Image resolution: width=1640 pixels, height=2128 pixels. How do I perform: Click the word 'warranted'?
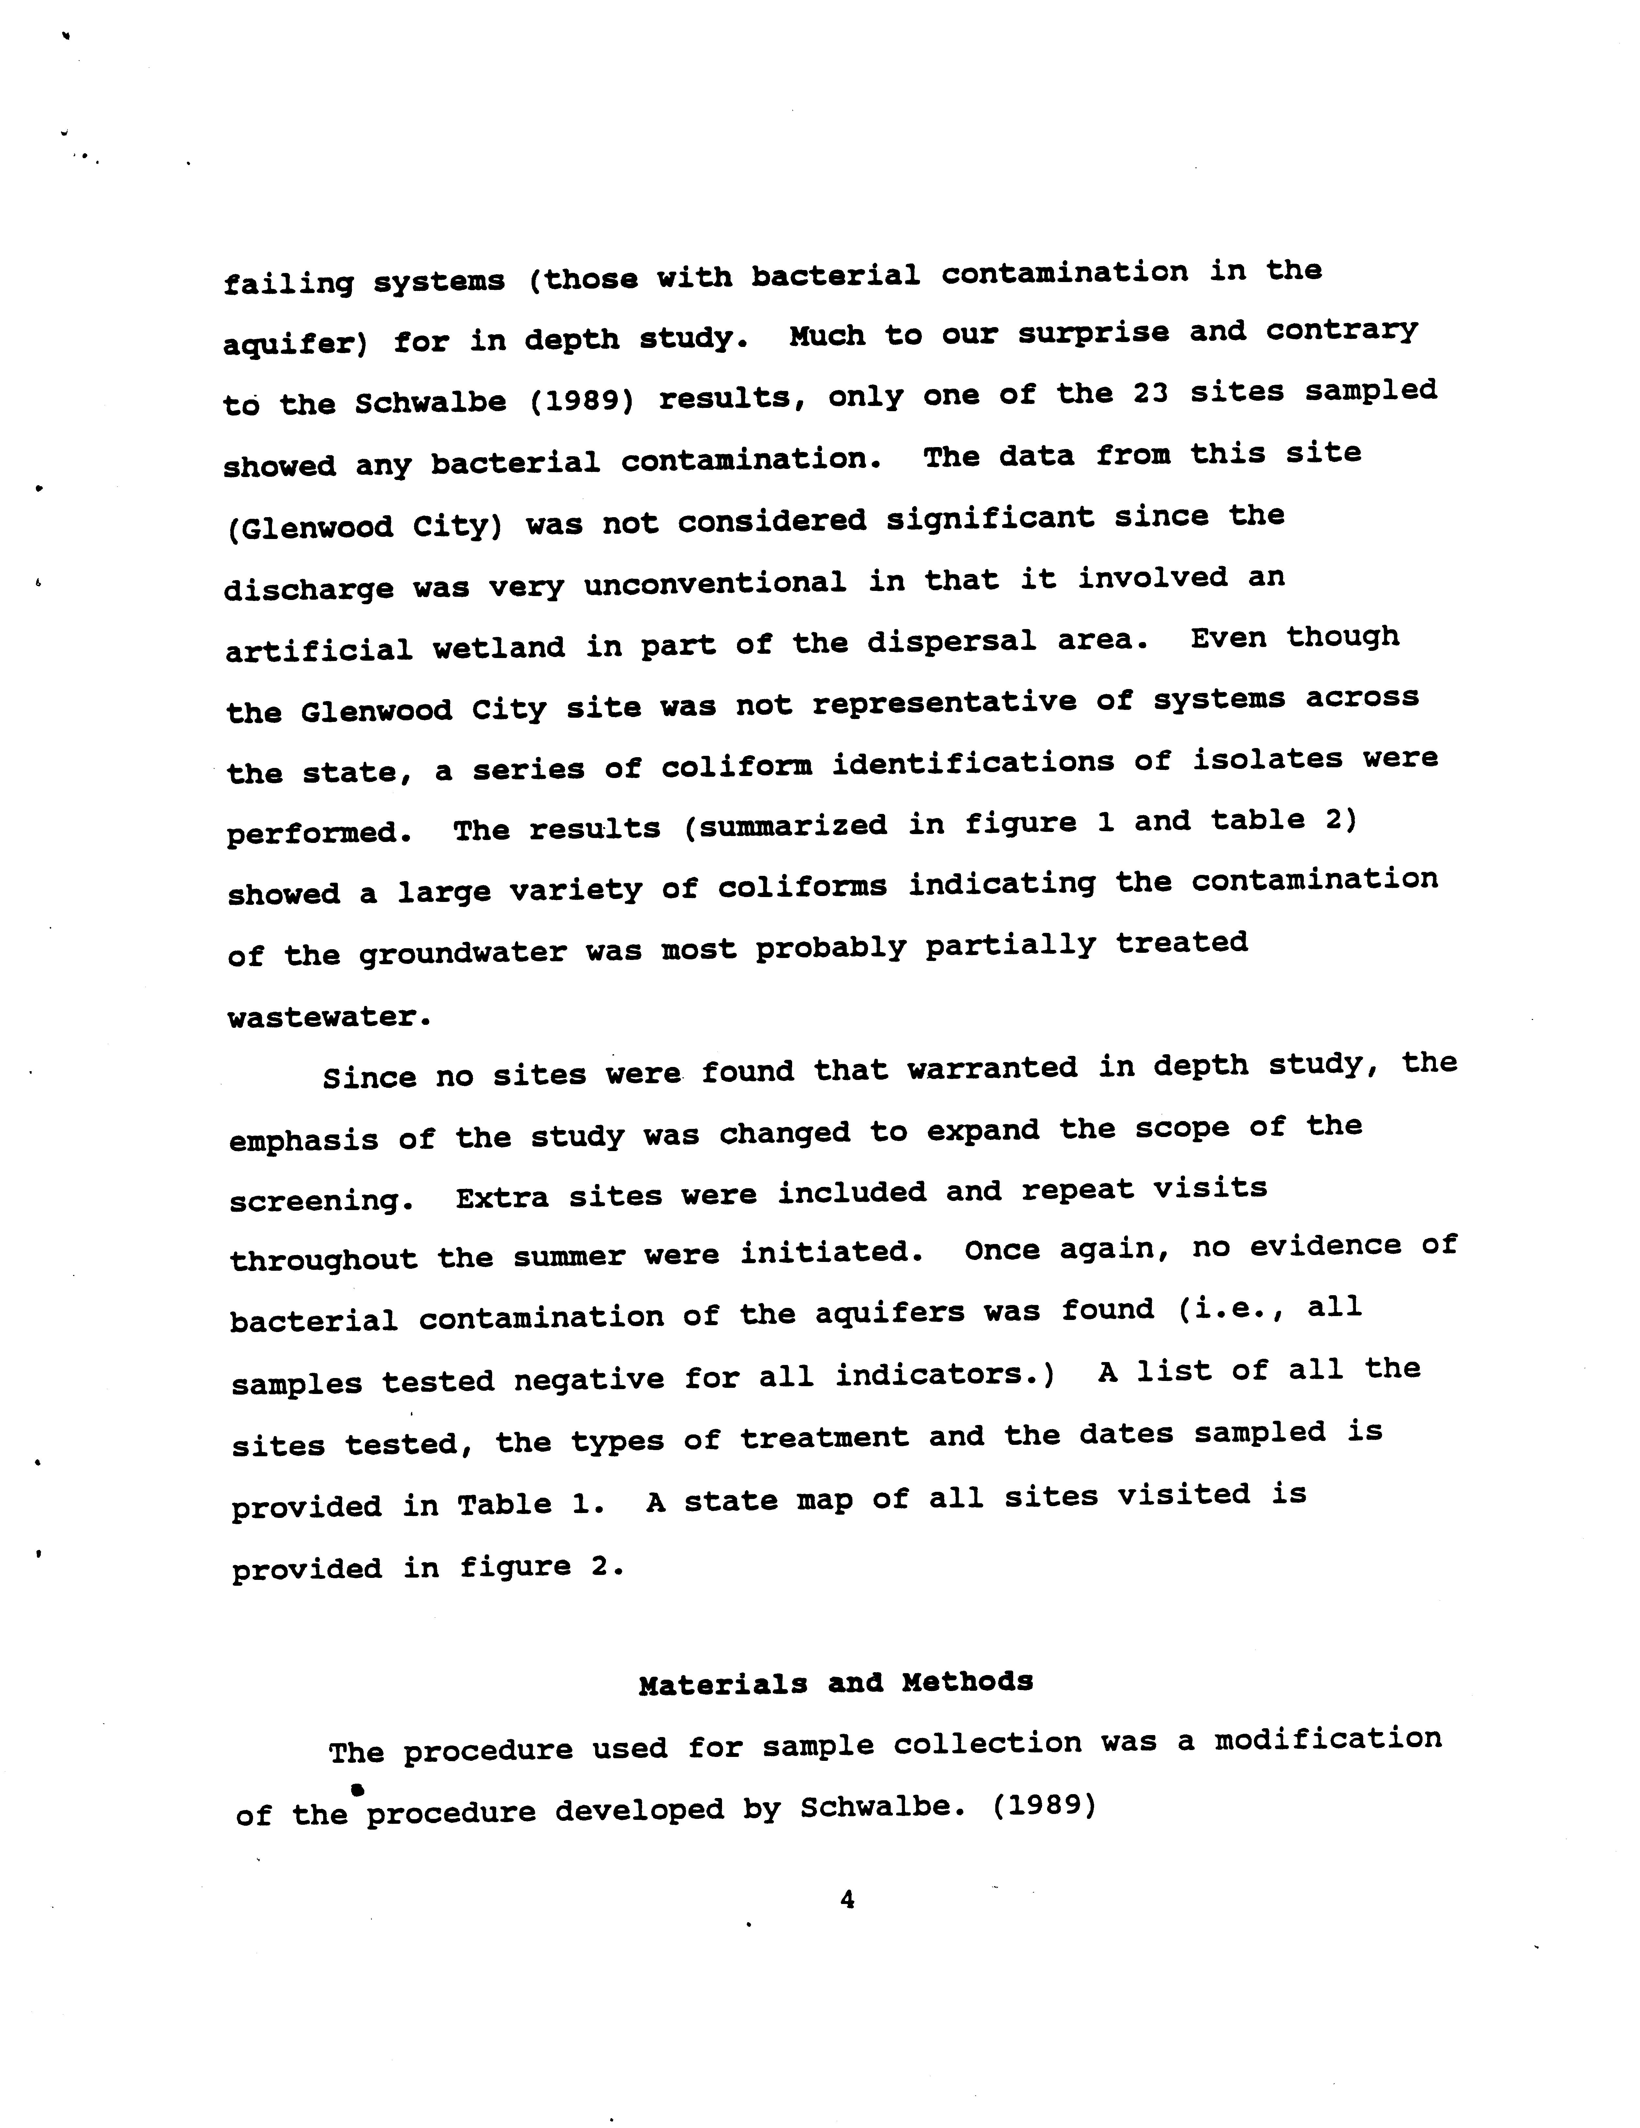pyautogui.click(x=992, y=1069)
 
